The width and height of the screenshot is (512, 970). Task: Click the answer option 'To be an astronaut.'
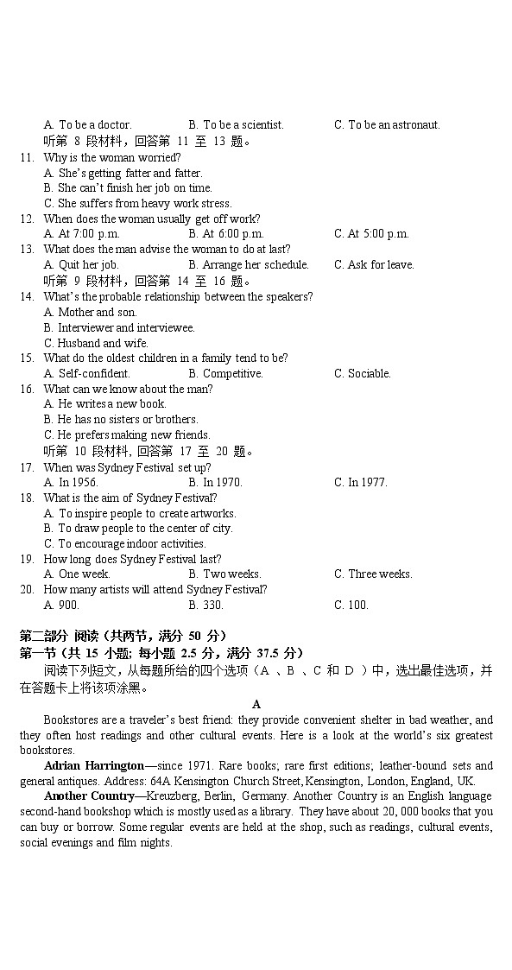pyautogui.click(x=387, y=125)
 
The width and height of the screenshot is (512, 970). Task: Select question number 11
pyautogui.click(x=26, y=157)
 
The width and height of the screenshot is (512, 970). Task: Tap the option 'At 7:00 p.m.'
pyautogui.click(x=82, y=234)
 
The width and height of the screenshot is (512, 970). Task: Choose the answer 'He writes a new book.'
pyautogui.click(x=104, y=404)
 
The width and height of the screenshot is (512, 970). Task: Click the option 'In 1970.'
pyautogui.click(x=215, y=483)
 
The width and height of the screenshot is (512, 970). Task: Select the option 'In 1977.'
pyautogui.click(x=361, y=483)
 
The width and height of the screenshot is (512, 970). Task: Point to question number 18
pyautogui.click(x=26, y=498)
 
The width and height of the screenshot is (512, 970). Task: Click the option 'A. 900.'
pyautogui.click(x=61, y=605)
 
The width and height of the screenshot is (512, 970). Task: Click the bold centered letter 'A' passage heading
pyautogui.click(x=256, y=705)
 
